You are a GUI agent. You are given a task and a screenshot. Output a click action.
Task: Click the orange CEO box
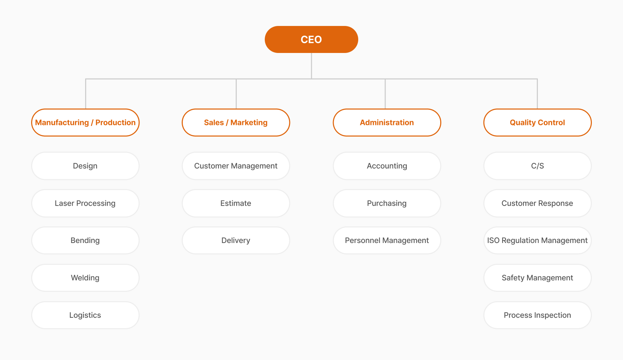pos(311,39)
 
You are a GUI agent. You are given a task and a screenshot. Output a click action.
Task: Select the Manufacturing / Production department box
pos(85,123)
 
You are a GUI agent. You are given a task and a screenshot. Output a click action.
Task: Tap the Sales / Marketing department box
pos(236,123)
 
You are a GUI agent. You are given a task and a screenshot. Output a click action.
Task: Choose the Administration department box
pos(387,123)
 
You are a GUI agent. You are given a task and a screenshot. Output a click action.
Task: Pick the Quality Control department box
pos(537,123)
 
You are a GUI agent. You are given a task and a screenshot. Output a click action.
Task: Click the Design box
pos(85,166)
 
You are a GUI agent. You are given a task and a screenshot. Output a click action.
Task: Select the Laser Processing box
pos(85,203)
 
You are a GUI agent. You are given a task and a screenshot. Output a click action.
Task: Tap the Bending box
pos(85,240)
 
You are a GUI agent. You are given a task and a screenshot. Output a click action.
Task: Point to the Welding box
pos(85,278)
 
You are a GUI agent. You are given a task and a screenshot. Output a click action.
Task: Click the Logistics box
pos(85,315)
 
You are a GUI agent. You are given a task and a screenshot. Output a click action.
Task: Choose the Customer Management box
pos(236,166)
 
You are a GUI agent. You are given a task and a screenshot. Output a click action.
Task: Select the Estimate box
pos(236,203)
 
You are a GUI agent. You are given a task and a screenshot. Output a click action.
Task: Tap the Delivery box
pos(236,240)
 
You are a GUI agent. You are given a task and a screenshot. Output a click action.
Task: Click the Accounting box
pos(387,166)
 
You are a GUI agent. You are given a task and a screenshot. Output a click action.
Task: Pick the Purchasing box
pos(387,203)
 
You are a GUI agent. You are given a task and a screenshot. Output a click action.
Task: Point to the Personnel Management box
pos(387,240)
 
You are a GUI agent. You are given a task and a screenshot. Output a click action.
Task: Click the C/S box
pos(537,166)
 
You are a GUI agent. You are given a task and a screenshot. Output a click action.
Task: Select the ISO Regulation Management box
pos(537,240)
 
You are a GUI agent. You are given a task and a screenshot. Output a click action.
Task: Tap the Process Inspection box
pos(537,315)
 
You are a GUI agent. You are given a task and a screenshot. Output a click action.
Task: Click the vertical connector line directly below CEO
pos(311,66)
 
